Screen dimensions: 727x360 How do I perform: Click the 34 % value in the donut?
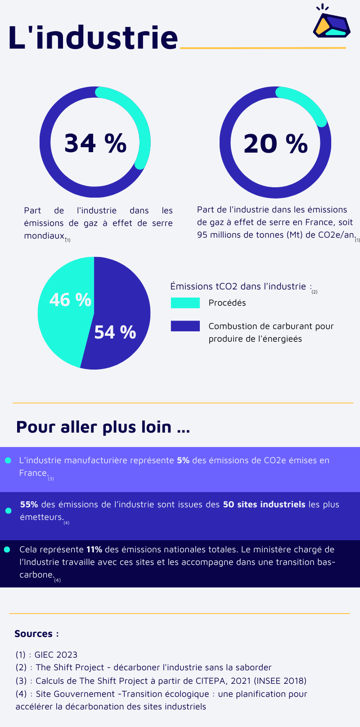(x=95, y=143)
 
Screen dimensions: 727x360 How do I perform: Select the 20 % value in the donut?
(x=275, y=144)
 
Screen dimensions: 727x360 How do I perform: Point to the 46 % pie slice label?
(x=70, y=300)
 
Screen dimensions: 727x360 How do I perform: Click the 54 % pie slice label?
(x=115, y=332)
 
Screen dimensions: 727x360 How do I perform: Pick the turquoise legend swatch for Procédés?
(x=185, y=303)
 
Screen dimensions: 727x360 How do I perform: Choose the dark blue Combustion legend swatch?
(x=185, y=326)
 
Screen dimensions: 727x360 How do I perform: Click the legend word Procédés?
(x=227, y=303)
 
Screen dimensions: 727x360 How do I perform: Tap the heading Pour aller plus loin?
(x=103, y=427)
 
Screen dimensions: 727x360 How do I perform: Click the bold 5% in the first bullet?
(x=183, y=460)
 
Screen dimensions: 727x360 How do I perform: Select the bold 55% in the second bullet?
(x=29, y=504)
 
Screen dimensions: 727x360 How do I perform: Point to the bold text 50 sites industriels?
(x=264, y=504)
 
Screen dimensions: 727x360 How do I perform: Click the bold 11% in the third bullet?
(x=94, y=549)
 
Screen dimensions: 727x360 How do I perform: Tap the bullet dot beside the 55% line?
(x=8, y=510)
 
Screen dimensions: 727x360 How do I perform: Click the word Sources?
(x=34, y=634)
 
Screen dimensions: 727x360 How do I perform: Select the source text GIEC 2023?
(x=56, y=655)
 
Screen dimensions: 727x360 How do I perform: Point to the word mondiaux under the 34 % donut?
(x=44, y=235)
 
